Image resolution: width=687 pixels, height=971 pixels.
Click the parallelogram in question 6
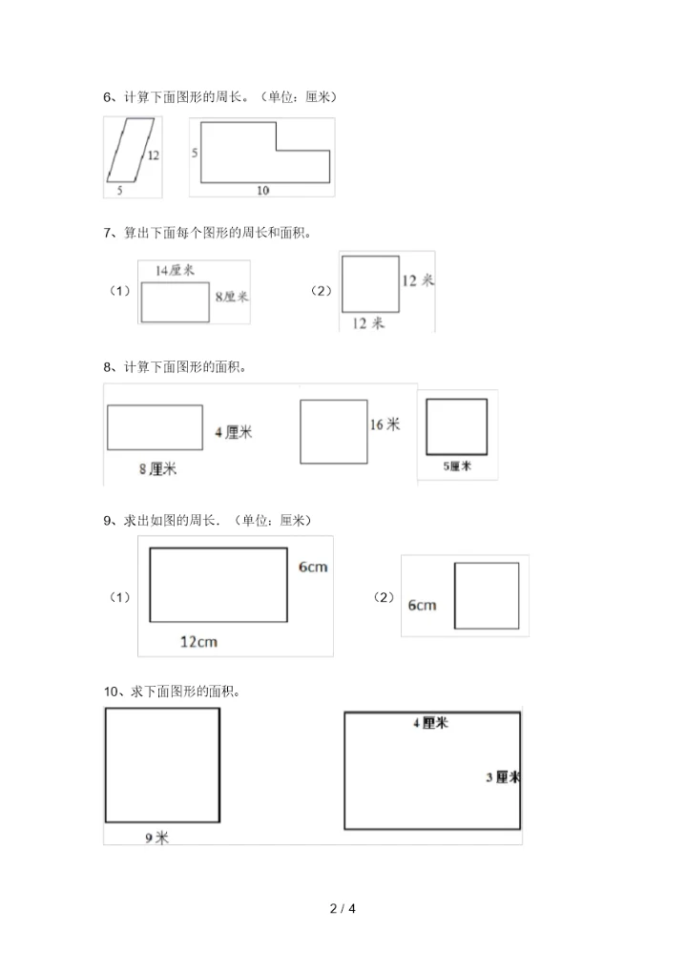click(132, 149)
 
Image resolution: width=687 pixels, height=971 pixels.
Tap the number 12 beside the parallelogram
click(153, 155)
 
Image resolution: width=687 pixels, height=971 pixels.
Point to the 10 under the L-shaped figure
click(262, 190)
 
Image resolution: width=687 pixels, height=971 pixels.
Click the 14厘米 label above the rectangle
click(175, 271)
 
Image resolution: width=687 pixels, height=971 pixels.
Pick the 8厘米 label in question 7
click(231, 297)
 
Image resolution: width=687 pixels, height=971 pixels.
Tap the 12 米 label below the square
click(368, 323)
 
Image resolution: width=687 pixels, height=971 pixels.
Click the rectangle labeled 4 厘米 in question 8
click(155, 426)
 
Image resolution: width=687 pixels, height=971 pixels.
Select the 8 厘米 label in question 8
click(158, 468)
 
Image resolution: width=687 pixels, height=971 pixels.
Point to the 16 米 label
click(385, 424)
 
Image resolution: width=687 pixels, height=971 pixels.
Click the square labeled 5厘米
click(456, 426)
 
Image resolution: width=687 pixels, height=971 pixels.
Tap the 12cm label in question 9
click(198, 641)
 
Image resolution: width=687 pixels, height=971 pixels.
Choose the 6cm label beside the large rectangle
click(313, 567)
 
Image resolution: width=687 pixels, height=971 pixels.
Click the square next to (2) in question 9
click(487, 595)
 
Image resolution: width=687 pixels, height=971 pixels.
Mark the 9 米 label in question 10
click(156, 837)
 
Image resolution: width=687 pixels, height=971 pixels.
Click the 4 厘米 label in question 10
click(430, 723)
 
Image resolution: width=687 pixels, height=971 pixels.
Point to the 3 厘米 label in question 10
click(502, 777)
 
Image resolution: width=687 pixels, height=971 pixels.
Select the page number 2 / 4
click(343, 908)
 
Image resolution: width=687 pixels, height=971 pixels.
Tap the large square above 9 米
click(162, 764)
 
